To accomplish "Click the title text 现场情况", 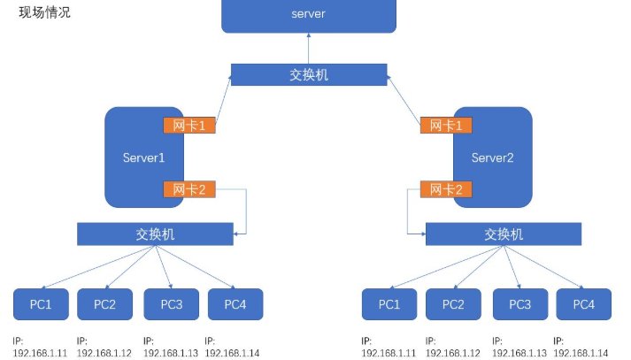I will point(45,14).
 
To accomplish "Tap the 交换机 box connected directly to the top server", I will point(309,74).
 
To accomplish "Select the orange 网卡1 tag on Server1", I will point(189,126).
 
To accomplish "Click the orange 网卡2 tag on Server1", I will point(189,188).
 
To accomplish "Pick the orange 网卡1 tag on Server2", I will point(447,126).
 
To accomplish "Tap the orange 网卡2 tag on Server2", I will point(447,188).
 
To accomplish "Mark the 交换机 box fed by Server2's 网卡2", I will point(503,234).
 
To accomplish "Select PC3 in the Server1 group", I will point(172,304).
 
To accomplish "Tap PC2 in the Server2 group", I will point(453,304).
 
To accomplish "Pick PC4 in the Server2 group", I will point(583,304).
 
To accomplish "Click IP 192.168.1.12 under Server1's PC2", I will point(104,351).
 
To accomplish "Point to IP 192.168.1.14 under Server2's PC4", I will point(581,351).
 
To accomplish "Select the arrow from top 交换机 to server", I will point(309,48).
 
